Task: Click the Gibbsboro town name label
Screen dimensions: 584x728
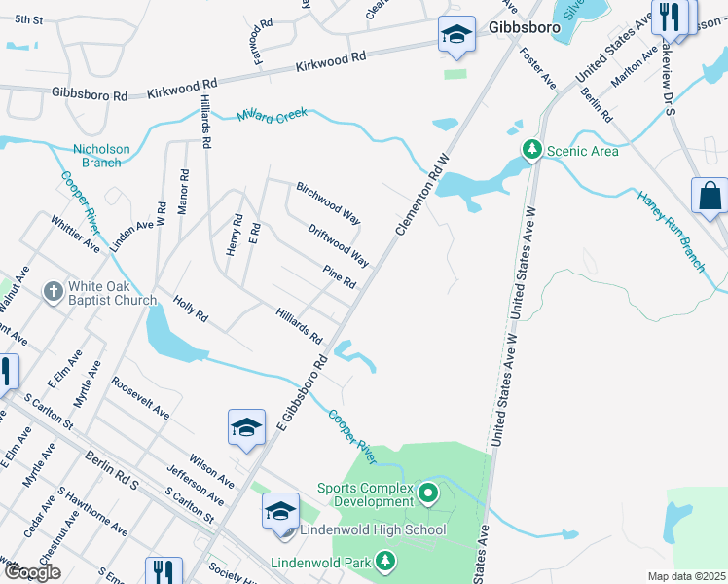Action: tap(526, 27)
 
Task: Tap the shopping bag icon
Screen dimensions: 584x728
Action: tap(710, 195)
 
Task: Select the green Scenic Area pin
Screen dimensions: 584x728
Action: tap(531, 150)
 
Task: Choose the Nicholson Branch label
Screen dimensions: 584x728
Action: tap(101, 156)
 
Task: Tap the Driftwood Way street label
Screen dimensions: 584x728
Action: tap(339, 246)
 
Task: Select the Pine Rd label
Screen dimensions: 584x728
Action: tap(341, 276)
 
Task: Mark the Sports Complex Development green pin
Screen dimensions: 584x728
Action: tap(428, 494)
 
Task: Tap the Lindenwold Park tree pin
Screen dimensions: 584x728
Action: tap(386, 562)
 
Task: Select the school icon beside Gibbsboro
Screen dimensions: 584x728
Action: tap(455, 35)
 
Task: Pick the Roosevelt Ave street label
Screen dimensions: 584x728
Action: tap(140, 398)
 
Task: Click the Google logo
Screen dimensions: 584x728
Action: tap(32, 572)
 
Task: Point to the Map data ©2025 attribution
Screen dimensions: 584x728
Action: tap(685, 576)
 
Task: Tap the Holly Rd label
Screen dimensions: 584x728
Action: tap(191, 310)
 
